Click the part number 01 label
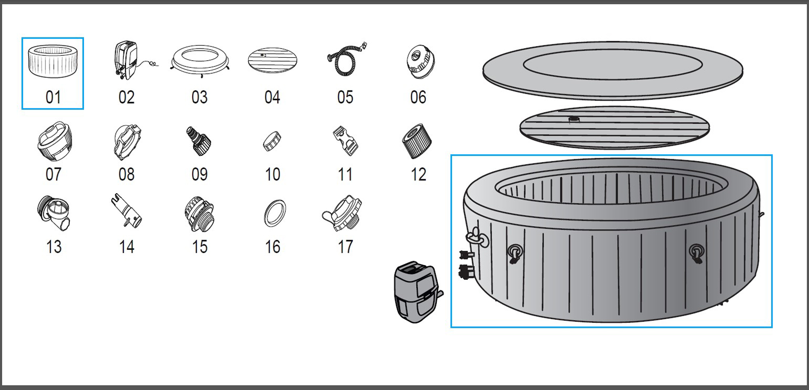point(53,97)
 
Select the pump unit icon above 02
point(126,61)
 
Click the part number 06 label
point(418,97)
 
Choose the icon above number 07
point(55,141)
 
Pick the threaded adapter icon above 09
point(199,141)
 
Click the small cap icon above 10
point(272,141)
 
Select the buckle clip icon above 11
point(346,141)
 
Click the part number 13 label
point(54,247)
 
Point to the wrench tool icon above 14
point(126,211)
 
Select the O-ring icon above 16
point(275,213)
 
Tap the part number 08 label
point(126,175)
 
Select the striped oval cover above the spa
point(614,127)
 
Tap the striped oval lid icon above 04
point(272,61)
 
